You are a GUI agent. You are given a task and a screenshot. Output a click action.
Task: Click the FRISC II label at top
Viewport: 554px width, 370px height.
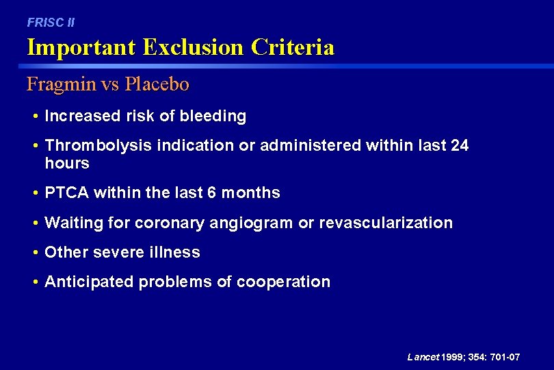[51, 23]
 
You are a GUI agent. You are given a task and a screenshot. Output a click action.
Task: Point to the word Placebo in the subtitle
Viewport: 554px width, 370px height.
[158, 84]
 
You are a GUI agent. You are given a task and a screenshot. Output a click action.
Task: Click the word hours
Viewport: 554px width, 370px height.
[67, 163]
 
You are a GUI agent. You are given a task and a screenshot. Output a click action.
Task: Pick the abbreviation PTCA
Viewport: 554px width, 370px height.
[66, 193]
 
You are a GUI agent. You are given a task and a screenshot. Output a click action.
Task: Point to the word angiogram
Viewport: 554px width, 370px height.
[296, 223]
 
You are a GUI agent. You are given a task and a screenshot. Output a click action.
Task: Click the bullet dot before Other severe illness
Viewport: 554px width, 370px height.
[35, 252]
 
